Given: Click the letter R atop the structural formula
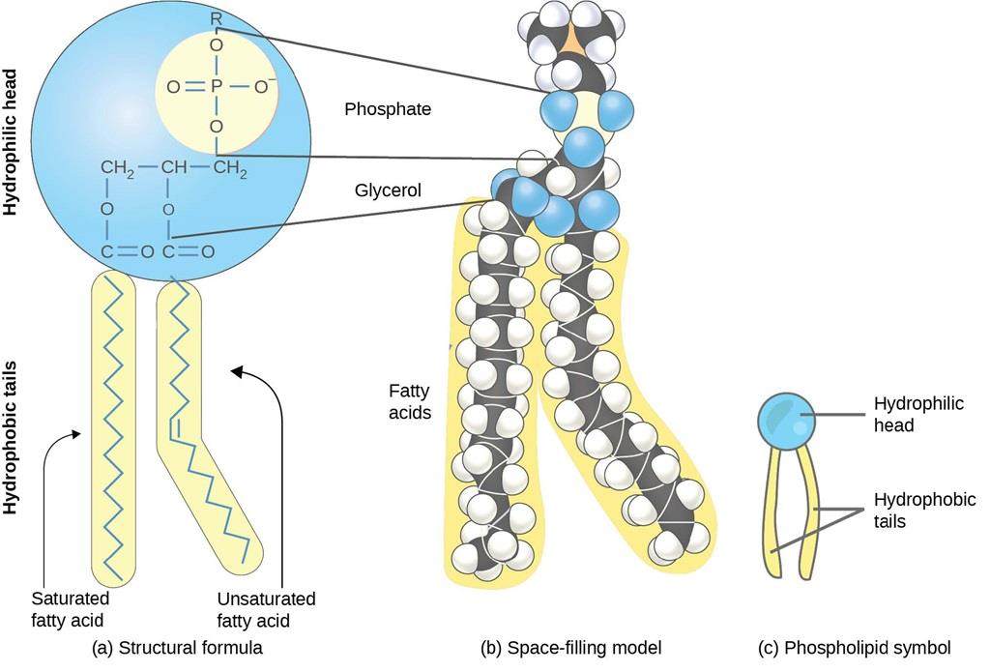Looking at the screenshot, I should (x=217, y=16).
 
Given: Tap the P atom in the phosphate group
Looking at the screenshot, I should (x=217, y=86).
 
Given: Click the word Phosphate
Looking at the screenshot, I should (x=387, y=109).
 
